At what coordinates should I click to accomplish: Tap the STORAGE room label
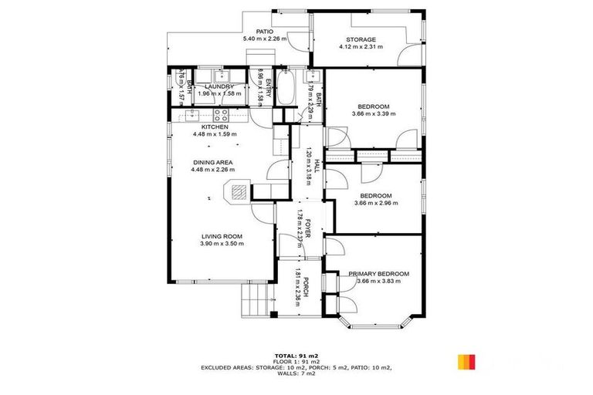pos(361,39)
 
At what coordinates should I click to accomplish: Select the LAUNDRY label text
pos(219,86)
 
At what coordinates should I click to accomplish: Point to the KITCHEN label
pos(215,127)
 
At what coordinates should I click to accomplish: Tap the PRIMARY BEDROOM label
pos(378,274)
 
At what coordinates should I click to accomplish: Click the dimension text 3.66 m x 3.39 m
pos(374,113)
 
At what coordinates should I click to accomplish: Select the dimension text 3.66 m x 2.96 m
pos(376,203)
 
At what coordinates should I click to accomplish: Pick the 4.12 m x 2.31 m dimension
pos(361,47)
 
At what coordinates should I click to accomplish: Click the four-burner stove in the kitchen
pos(220,116)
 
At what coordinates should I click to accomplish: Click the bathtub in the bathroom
pos(286,89)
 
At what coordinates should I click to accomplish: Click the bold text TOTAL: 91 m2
pos(296,355)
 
